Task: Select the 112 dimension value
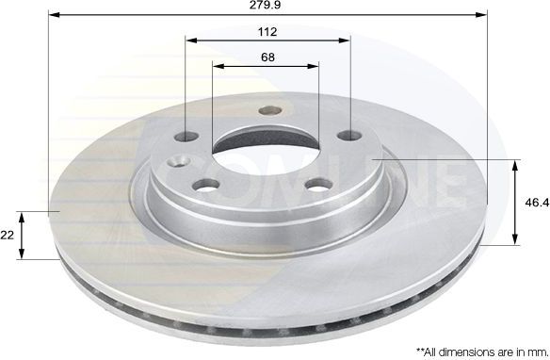click(x=267, y=31)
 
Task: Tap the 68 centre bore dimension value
click(x=267, y=57)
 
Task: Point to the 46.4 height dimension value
click(x=533, y=202)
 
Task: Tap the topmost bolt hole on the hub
click(x=265, y=110)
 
